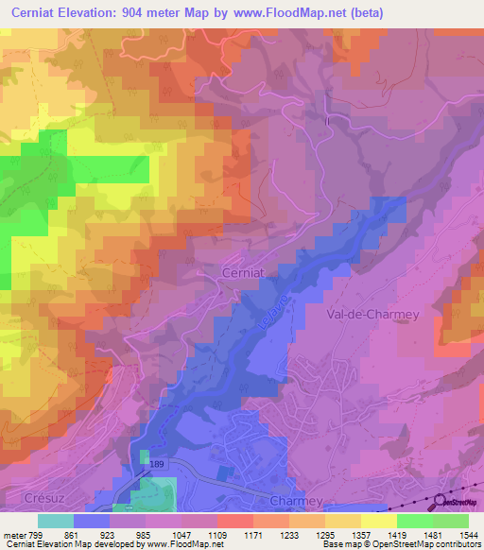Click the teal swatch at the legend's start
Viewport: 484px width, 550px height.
(x=56, y=521)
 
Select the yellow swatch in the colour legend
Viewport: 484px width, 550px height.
(x=378, y=521)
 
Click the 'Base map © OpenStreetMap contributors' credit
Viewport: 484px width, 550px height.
(x=401, y=544)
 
